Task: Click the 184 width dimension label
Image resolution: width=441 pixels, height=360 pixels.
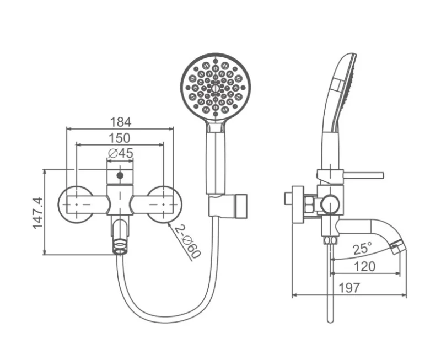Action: pyautogui.click(x=120, y=122)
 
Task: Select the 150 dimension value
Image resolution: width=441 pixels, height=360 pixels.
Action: pyautogui.click(x=120, y=138)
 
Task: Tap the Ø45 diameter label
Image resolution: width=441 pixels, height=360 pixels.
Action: pyautogui.click(x=120, y=153)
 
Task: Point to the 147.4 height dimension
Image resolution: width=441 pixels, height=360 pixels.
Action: pyautogui.click(x=37, y=213)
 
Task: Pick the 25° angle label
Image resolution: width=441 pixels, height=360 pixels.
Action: pyautogui.click(x=363, y=249)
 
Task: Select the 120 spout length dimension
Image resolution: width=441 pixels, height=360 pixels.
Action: pyautogui.click(x=364, y=266)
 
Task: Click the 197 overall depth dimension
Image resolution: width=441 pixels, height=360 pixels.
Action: pyautogui.click(x=349, y=288)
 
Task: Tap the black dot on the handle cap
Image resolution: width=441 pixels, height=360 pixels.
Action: pyautogui.click(x=120, y=175)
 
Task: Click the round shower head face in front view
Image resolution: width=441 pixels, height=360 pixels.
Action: pyautogui.click(x=216, y=88)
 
